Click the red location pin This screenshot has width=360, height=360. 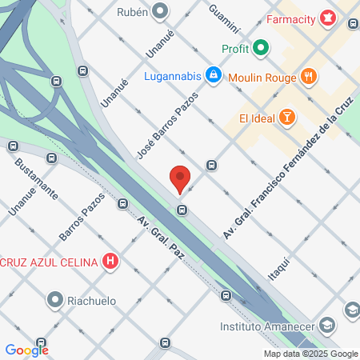coord(180,178)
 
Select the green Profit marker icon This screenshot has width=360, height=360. coord(261,49)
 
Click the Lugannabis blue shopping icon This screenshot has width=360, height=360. coord(213,76)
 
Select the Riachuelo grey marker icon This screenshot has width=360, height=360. coord(55,301)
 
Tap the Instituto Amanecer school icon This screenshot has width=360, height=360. coord(326,326)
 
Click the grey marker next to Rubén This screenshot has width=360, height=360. coord(161,12)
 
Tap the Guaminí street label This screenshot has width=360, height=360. coord(224,18)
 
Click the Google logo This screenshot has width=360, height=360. coord(26,350)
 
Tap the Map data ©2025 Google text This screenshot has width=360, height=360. coord(311,354)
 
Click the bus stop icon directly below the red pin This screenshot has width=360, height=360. coord(182,210)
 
